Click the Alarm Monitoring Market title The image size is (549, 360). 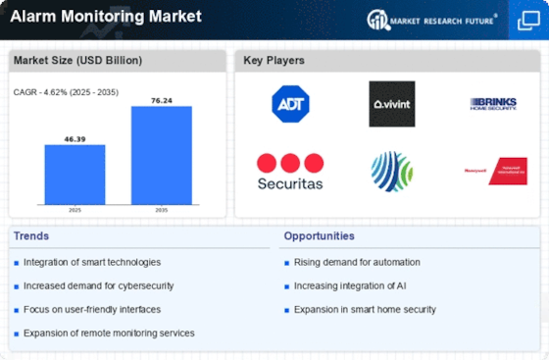pos(107,17)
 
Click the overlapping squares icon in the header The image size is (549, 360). pos(527,20)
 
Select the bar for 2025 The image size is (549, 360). pos(75,175)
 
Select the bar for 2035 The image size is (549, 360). pos(162,155)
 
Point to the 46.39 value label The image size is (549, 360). pos(75,138)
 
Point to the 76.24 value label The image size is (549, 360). pos(162,100)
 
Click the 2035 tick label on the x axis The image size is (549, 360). pos(162,211)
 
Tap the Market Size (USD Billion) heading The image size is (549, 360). pos(77,61)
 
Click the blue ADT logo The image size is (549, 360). pos(290,104)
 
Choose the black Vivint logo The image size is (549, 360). pos(391,104)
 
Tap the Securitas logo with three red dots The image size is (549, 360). pos(290,172)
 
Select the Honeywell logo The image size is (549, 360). pos(495,171)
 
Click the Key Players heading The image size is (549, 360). pos(274,61)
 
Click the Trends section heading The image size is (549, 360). pos(32,236)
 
